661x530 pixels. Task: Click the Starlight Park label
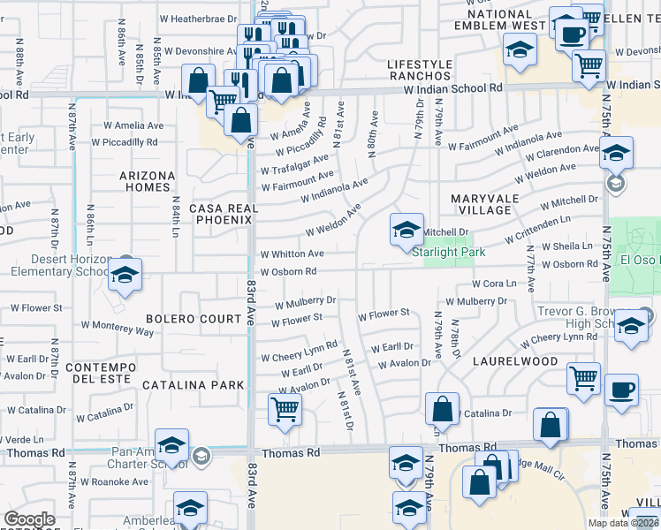pyautogui.click(x=449, y=252)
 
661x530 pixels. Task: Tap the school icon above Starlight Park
pyautogui.click(x=406, y=231)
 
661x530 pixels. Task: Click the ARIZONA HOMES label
pyautogui.click(x=148, y=181)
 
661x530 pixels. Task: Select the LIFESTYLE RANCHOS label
pyautogui.click(x=420, y=71)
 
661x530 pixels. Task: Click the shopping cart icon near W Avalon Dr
pyautogui.click(x=285, y=409)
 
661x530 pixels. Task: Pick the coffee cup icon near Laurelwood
pyautogui.click(x=621, y=390)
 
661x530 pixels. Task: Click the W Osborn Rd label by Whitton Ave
pyautogui.click(x=288, y=272)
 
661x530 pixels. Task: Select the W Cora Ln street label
pyautogui.click(x=493, y=284)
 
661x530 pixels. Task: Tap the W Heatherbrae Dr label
pyautogui.click(x=199, y=18)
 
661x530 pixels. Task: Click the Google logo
pyautogui.click(x=29, y=519)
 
